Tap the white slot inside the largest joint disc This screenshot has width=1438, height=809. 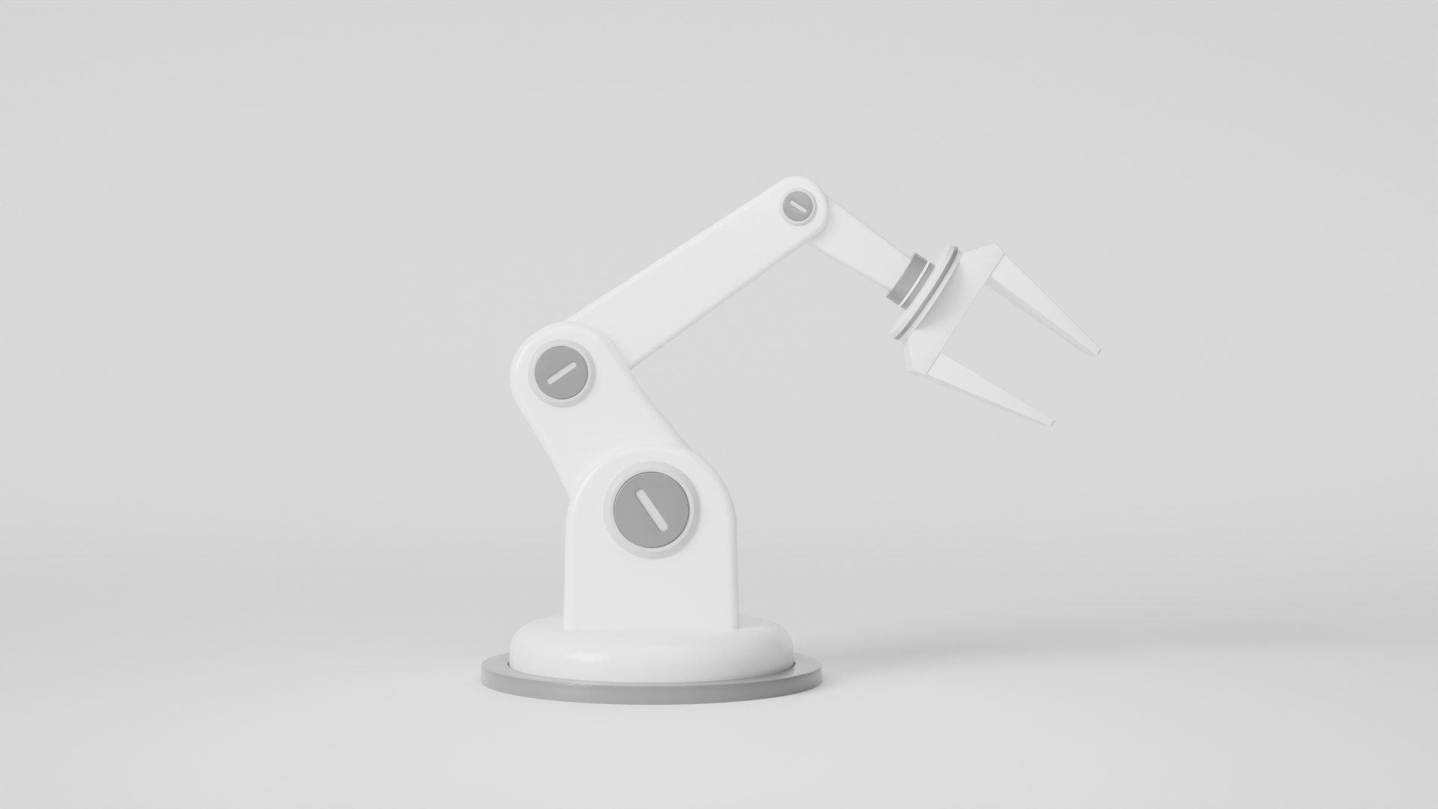click(x=650, y=512)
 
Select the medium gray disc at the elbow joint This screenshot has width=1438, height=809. click(x=560, y=373)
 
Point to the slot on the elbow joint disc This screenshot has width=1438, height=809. click(x=560, y=373)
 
